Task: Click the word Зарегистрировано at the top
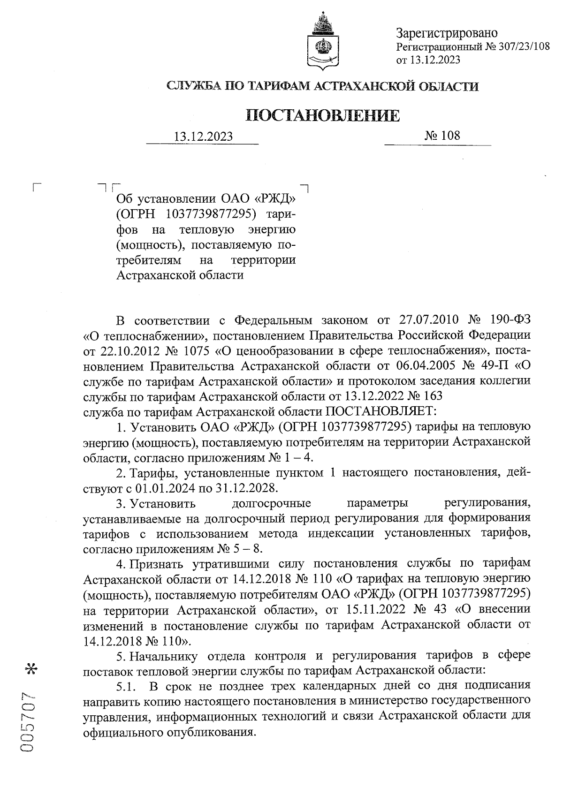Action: [447, 33]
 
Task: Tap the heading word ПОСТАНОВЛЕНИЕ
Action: [323, 115]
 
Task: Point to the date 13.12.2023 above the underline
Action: [203, 136]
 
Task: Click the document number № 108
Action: [442, 136]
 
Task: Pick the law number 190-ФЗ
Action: [508, 320]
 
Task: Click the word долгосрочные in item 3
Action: [272, 503]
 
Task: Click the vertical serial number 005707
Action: [28, 722]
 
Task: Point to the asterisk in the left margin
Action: [32, 668]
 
